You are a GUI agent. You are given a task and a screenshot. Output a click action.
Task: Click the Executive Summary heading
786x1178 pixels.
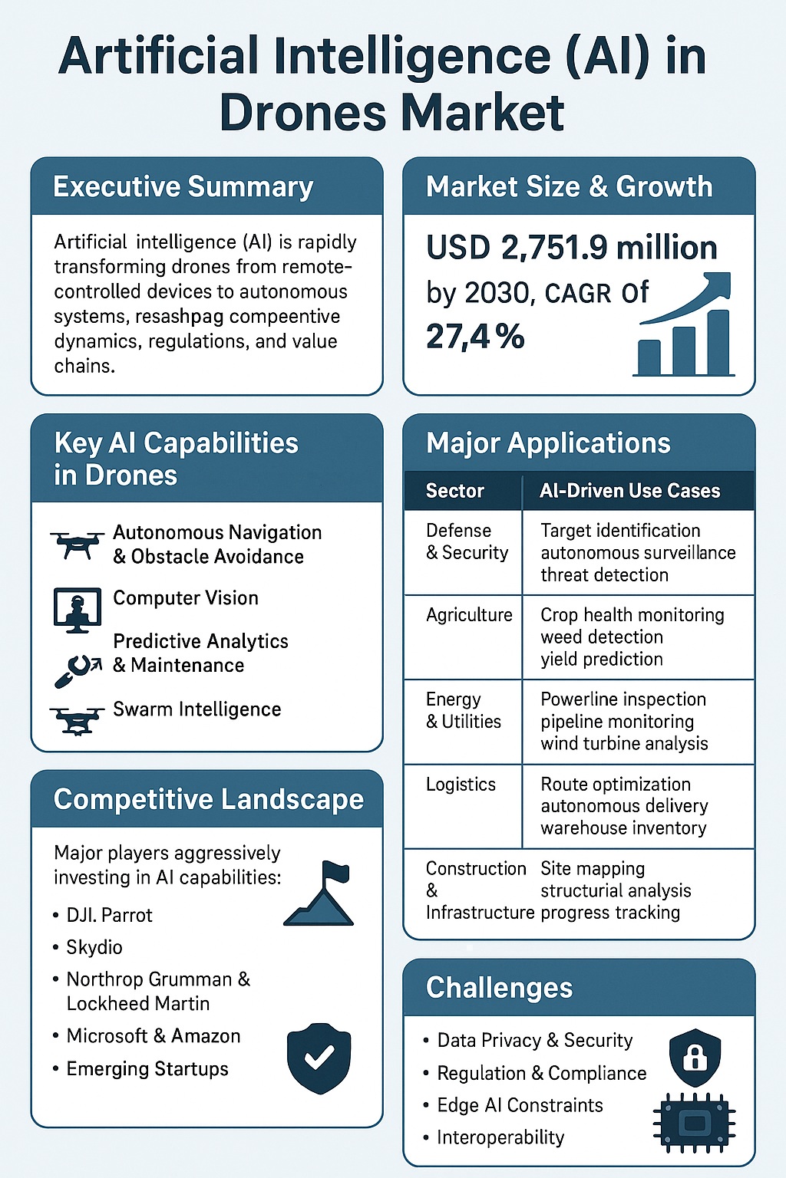click(183, 187)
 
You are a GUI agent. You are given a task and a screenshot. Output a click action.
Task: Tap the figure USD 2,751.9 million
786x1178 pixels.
click(572, 248)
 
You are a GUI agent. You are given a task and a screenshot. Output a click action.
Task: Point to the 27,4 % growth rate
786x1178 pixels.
click(475, 337)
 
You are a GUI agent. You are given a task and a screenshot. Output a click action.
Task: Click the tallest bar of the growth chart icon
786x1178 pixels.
click(718, 342)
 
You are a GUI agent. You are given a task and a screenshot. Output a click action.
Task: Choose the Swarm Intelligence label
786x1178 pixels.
click(196, 709)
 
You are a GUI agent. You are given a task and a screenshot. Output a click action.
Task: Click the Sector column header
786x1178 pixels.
click(455, 491)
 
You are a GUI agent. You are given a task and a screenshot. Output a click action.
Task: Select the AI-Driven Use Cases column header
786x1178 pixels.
click(629, 491)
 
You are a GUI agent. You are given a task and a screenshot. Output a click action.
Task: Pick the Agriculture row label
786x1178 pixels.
click(469, 615)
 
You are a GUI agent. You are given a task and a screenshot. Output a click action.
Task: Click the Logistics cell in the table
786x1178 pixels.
click(461, 785)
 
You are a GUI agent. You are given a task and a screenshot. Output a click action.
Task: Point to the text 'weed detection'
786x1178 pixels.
click(601, 637)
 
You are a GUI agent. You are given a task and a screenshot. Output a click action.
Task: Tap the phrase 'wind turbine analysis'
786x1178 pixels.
click(624, 743)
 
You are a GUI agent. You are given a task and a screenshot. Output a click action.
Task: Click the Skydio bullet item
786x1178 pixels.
click(94, 947)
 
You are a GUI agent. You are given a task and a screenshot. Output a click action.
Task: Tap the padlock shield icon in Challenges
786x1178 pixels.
click(695, 1058)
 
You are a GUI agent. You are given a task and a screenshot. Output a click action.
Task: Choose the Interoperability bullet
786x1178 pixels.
click(500, 1137)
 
